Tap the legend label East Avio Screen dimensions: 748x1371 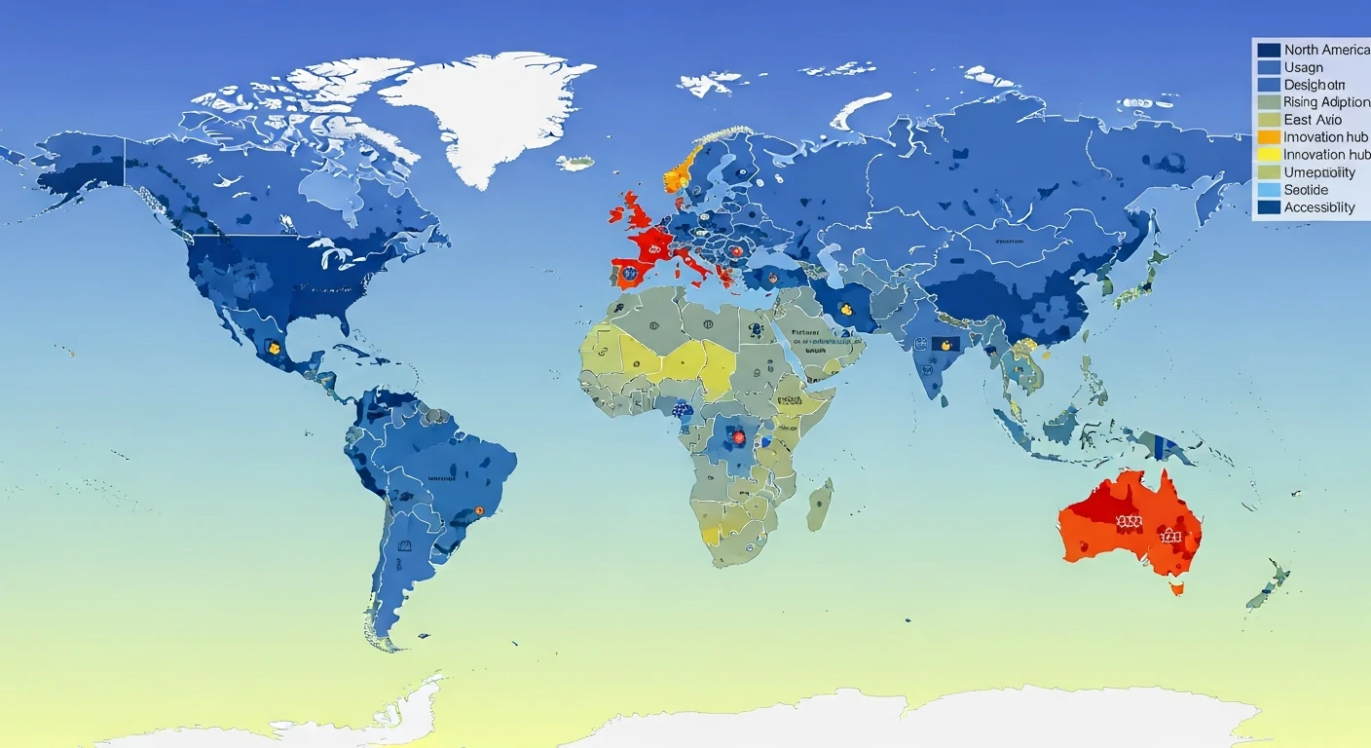tap(1313, 120)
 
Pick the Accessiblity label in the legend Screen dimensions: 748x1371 tap(1319, 207)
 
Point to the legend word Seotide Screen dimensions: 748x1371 tap(1306, 190)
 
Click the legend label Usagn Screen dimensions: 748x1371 tap(1303, 67)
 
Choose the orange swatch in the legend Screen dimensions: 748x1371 tap(1269, 137)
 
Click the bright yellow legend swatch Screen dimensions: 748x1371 tap(1269, 155)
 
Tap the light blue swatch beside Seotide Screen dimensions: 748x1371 tap(1269, 190)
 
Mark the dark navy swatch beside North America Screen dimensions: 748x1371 tap(1269, 50)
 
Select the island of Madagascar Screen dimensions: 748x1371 tap(820, 504)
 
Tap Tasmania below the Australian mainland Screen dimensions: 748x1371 tap(1177, 587)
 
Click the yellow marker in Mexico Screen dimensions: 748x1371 tap(274, 347)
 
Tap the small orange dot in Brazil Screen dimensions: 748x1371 tap(478, 510)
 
